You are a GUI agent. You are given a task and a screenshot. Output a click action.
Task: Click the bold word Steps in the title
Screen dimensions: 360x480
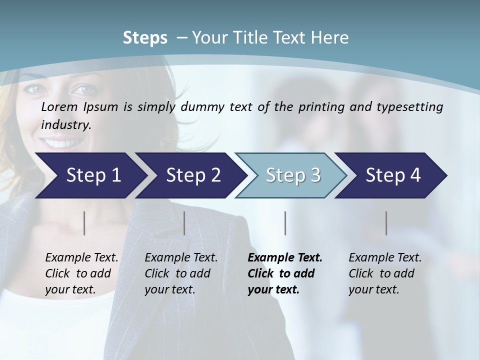[x=145, y=38]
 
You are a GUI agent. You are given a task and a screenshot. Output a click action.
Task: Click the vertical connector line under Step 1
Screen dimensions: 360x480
[x=84, y=223]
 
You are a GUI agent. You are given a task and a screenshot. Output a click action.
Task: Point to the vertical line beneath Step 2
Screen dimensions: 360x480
[x=184, y=223]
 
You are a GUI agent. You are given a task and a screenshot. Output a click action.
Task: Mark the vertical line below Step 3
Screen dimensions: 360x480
[x=285, y=223]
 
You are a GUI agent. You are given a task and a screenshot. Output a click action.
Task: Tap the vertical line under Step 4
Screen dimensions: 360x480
[x=386, y=223]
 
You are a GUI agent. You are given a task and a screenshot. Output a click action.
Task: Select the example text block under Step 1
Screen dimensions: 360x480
[x=81, y=273]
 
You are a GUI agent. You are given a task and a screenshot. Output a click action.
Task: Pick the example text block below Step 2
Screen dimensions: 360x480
[x=181, y=273]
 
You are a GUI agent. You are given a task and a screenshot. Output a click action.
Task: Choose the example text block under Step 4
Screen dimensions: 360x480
[x=385, y=273]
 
